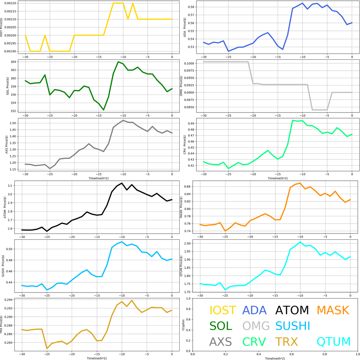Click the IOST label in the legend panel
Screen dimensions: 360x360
click(223, 310)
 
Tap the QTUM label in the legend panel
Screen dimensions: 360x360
click(334, 341)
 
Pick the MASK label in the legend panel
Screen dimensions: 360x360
click(333, 310)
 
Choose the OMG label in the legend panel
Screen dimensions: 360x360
click(256, 326)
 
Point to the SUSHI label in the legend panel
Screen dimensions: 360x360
click(292, 326)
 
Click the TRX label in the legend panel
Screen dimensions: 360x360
click(286, 341)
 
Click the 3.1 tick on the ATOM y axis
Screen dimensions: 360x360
click(14, 186)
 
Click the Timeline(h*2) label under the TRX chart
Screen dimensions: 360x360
click(97, 358)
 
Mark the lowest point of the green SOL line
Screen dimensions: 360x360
click(103, 110)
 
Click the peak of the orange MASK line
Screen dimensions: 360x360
click(300, 183)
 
